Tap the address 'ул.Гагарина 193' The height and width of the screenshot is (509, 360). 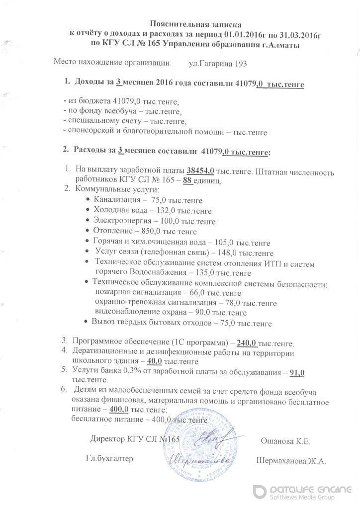click(218, 64)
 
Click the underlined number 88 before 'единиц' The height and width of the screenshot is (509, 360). click(187, 180)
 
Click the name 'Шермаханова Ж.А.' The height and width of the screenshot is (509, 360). click(291, 461)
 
